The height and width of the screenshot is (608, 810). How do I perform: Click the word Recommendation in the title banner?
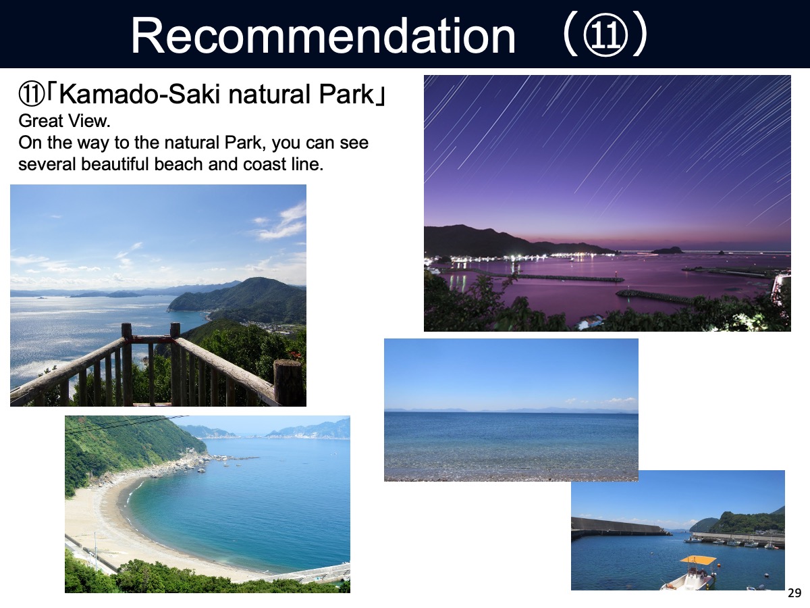point(323,36)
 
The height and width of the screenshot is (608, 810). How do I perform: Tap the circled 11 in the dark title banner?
point(605,36)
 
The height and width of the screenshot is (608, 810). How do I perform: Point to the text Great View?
point(65,121)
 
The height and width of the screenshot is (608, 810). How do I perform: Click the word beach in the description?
point(178,164)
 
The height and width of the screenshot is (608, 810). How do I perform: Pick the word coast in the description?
point(264,164)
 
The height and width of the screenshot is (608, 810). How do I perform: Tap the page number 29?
point(794,593)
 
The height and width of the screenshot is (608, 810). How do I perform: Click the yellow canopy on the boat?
point(698,560)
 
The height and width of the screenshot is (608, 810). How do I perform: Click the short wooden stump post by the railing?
point(288,382)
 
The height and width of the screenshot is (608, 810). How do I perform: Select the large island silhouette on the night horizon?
point(666,250)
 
